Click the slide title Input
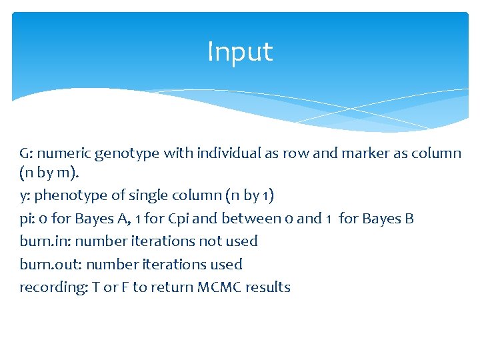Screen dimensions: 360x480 tap(240, 52)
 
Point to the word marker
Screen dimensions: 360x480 tap(359, 154)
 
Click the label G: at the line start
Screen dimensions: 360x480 tap(27, 154)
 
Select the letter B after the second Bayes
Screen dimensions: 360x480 tap(409, 219)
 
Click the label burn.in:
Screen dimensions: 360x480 tap(45, 241)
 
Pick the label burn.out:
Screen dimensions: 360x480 tap(49, 265)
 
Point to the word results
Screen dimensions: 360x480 tap(268, 287)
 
